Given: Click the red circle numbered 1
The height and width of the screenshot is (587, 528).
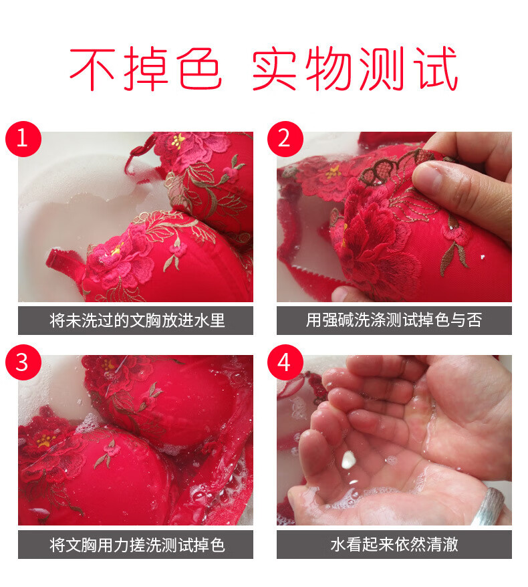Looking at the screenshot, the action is tap(23, 139).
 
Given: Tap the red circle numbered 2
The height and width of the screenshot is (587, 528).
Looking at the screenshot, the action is tap(285, 139).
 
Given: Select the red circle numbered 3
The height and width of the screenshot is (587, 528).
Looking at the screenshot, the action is tap(23, 362).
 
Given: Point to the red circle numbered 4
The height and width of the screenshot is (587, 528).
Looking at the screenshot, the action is tap(285, 362).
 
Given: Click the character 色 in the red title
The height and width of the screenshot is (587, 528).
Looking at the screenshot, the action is tap(199, 69).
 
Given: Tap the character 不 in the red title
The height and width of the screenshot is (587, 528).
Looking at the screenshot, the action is tap(92, 69).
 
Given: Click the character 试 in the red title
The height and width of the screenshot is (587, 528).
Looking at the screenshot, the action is tap(435, 69).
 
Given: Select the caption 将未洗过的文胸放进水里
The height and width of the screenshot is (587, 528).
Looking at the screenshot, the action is tap(137, 320).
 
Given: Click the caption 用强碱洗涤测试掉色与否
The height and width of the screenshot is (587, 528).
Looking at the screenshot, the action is tap(394, 320).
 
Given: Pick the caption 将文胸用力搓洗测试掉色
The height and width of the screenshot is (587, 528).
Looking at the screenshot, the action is tap(137, 545).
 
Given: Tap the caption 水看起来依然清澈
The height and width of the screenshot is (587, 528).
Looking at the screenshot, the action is tap(394, 545).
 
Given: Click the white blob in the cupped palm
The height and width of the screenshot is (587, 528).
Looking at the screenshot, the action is tap(348, 459).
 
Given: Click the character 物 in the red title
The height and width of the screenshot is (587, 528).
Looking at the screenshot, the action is tap(329, 69).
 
